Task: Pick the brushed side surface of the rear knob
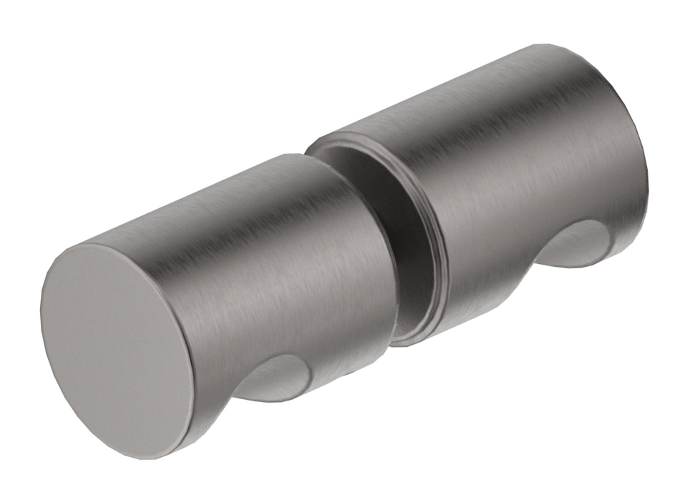515,157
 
